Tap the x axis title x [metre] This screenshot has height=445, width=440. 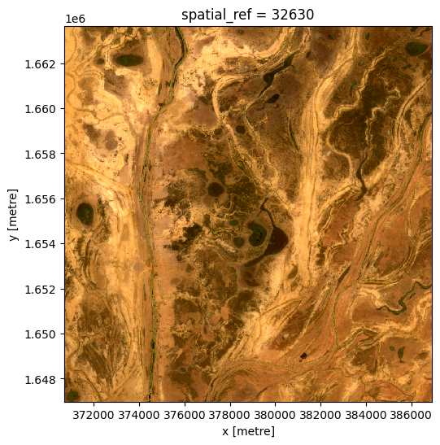pos(248,431)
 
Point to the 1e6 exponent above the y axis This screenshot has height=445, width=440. pos(76,18)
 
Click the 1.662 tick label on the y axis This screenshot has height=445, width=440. pos(41,64)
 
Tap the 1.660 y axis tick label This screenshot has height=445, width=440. pos(41,109)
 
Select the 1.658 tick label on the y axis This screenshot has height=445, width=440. pos(41,155)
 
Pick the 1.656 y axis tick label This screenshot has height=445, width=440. pos(41,199)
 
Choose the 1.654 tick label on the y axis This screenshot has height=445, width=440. pos(41,245)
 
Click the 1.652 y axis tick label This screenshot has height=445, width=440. pos(41,290)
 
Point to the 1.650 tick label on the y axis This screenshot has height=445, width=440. pos(41,334)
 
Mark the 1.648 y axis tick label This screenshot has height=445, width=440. pos(41,380)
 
